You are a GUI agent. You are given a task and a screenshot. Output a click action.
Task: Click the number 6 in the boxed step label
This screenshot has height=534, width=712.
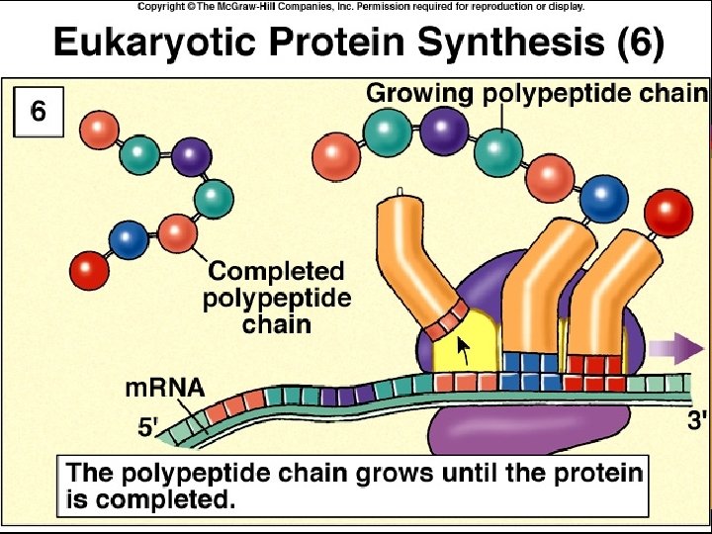click(x=38, y=112)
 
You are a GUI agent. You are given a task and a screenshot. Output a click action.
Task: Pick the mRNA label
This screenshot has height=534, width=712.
click(x=164, y=387)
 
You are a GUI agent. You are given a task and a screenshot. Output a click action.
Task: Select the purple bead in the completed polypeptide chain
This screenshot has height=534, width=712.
click(x=191, y=156)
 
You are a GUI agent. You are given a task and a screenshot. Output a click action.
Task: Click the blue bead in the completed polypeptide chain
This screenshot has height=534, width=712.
click(x=129, y=240)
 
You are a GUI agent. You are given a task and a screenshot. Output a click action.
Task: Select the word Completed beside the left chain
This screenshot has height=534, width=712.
click(x=276, y=271)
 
